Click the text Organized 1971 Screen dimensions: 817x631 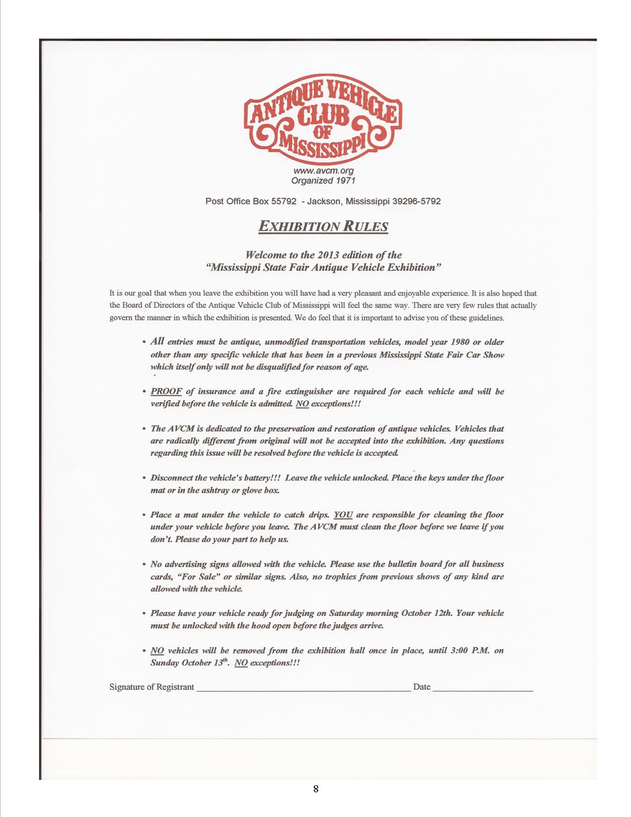pyautogui.click(x=323, y=181)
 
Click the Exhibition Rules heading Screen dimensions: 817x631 pyautogui.click(x=323, y=227)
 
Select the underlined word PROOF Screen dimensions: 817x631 pyautogui.click(x=166, y=392)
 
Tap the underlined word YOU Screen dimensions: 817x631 pyautogui.click(x=343, y=515)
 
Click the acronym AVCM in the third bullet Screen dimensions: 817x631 pyautogui.click(x=180, y=429)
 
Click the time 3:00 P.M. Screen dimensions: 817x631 pyautogui.click(x=470, y=650)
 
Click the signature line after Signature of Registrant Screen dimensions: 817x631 pyautogui.click(x=303, y=688)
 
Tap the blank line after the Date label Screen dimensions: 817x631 pyautogui.click(x=483, y=688)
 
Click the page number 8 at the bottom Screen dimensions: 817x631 pyautogui.click(x=316, y=789)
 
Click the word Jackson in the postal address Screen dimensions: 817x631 pyautogui.click(x=324, y=202)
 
